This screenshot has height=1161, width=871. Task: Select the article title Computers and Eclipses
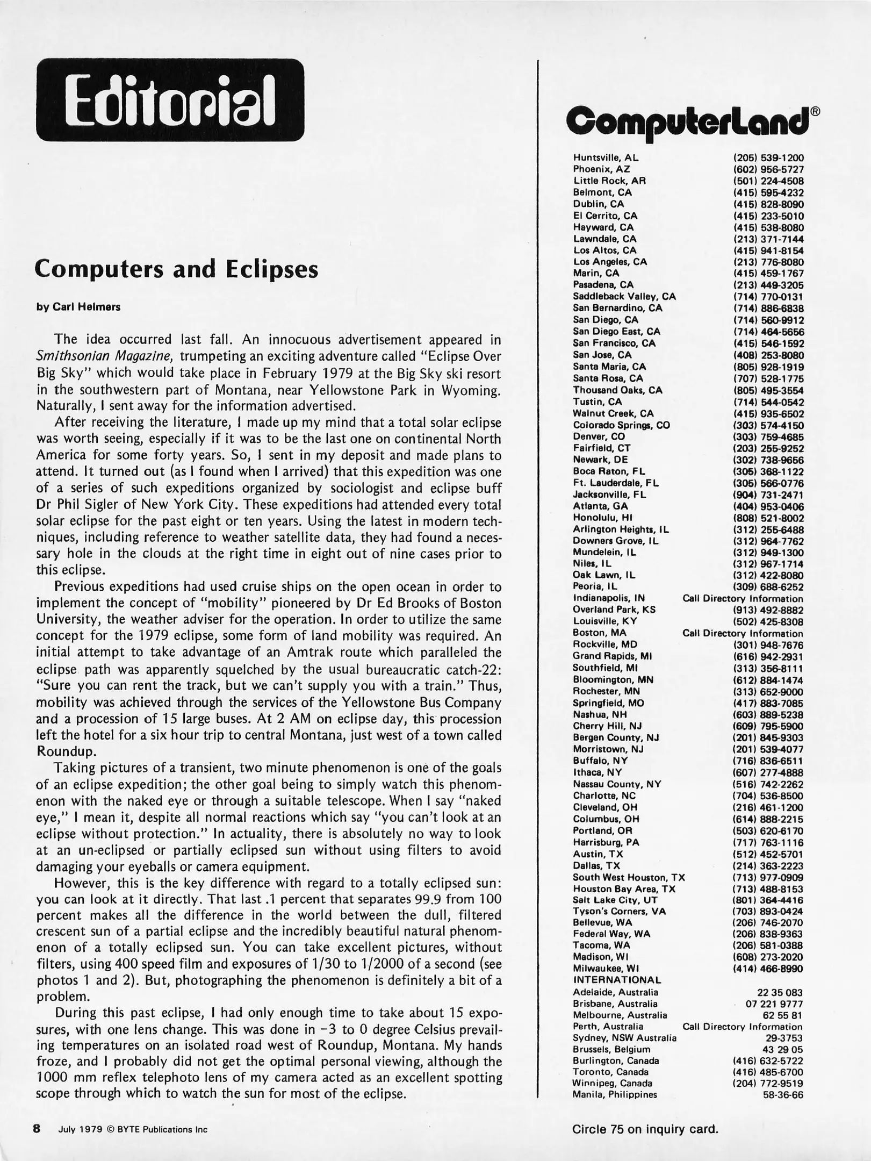[176, 269]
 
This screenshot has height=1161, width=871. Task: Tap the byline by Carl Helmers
[78, 307]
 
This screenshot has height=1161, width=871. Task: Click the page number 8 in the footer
[37, 1129]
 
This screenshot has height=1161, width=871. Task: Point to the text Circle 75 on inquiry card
[645, 1129]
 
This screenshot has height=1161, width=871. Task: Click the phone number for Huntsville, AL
[768, 158]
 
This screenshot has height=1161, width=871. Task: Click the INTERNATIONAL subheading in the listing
[617, 980]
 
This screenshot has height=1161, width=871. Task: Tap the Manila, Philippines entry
[615, 1095]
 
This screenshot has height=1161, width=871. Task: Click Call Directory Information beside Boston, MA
[743, 633]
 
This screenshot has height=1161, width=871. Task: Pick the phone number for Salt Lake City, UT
[768, 900]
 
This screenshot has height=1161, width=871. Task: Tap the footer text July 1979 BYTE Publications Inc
[133, 1129]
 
